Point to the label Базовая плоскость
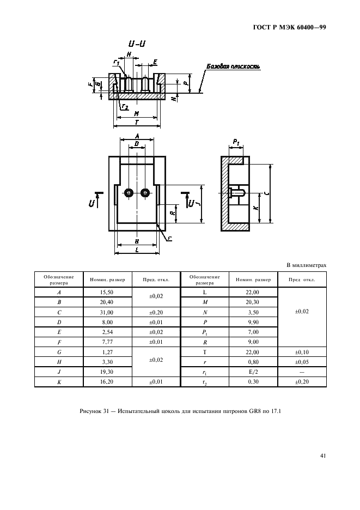tap(233, 67)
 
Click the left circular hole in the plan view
tap(129, 193)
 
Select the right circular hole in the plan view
tap(145, 193)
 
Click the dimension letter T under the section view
tap(136, 122)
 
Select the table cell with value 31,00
tap(103, 313)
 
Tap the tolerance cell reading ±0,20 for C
tap(156, 313)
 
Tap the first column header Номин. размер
tap(103, 280)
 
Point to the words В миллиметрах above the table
tap(306, 265)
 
